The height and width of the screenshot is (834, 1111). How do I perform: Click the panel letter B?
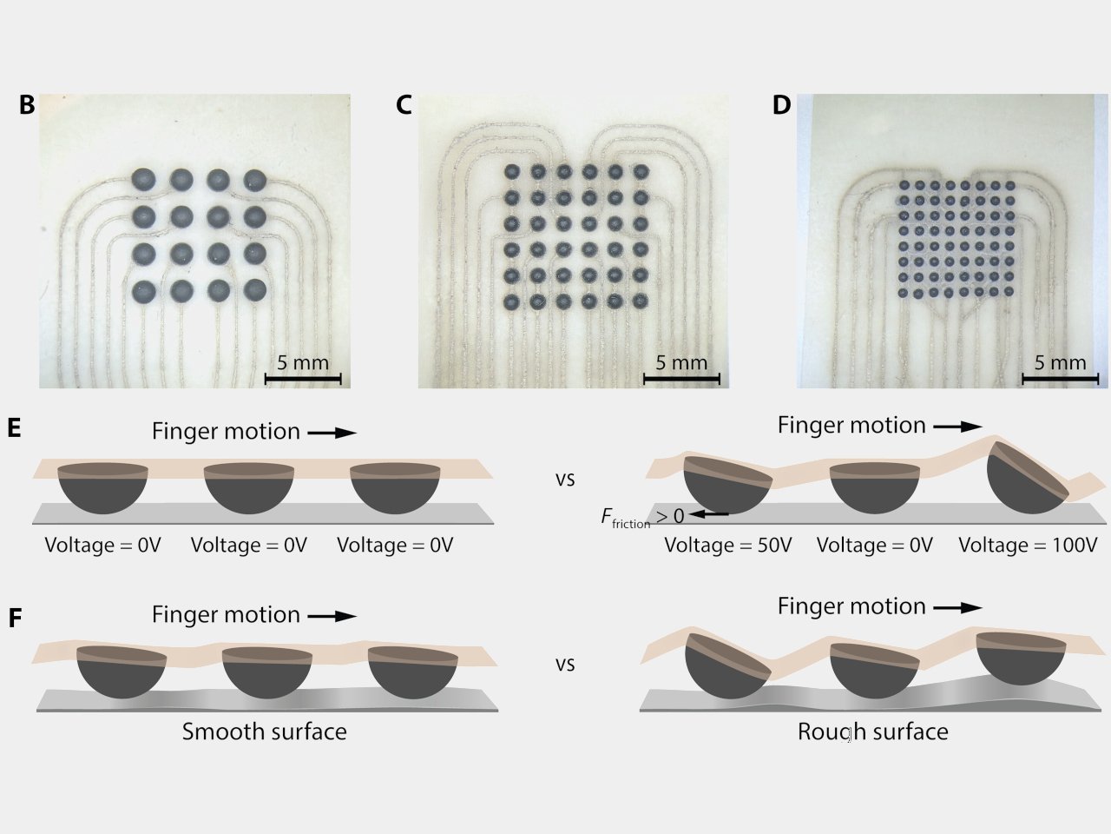pos(27,105)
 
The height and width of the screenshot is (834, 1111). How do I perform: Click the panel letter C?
pos(404,105)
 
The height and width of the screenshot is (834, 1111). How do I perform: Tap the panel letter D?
pos(781,105)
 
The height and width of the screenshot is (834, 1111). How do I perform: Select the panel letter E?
pos(13,428)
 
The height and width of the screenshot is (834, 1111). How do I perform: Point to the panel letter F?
pos(14,619)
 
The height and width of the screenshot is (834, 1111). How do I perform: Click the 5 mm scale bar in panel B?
pos(303,378)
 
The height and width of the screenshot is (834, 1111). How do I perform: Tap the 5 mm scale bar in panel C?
pos(681,378)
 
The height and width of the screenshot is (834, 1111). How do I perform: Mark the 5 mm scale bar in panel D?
pos(1060,378)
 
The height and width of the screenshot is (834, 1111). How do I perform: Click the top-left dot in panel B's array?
pos(143,180)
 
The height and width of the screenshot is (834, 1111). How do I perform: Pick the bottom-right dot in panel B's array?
pos(254,290)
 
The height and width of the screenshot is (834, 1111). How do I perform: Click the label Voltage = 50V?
pos(728,546)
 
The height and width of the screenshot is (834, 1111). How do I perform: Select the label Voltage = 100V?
pos(1028,546)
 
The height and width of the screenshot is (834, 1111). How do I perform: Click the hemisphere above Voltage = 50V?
pos(726,484)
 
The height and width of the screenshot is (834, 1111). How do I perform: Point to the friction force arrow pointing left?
pos(709,515)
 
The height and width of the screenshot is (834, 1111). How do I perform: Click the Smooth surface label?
pos(264,731)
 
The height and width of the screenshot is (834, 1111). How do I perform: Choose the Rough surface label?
pos(872,731)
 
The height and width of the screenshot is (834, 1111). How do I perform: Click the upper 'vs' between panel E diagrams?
pos(565,479)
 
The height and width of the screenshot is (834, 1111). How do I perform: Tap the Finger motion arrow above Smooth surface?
pos(332,616)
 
